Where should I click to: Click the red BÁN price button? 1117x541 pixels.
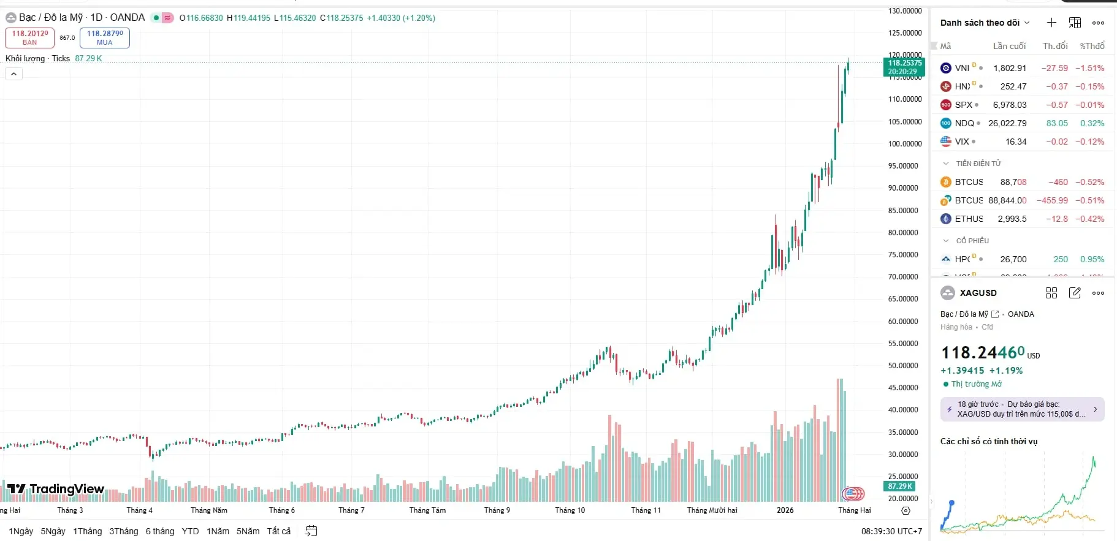click(29, 37)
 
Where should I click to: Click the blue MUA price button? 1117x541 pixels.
click(104, 37)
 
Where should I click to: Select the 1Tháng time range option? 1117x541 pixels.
click(87, 531)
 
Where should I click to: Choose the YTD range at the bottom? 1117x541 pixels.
click(190, 531)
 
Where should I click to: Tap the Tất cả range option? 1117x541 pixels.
click(278, 531)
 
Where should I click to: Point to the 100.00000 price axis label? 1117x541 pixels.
click(905, 144)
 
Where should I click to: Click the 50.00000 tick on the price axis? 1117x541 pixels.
click(905, 366)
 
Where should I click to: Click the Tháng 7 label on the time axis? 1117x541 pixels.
click(351, 510)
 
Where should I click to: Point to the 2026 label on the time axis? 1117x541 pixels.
click(785, 510)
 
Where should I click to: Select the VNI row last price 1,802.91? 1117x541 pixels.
click(1009, 68)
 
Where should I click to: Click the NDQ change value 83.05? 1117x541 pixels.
click(1057, 123)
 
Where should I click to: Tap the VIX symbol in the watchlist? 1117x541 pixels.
click(961, 142)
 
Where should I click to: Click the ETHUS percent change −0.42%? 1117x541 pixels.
click(1089, 219)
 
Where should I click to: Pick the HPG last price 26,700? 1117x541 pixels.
click(1013, 259)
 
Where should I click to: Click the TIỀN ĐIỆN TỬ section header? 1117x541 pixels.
click(978, 164)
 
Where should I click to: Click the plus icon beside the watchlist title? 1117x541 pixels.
click(1051, 23)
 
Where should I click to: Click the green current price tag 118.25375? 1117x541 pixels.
click(905, 67)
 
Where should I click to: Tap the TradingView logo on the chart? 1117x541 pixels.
click(56, 489)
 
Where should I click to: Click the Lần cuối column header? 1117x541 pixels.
click(1009, 46)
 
